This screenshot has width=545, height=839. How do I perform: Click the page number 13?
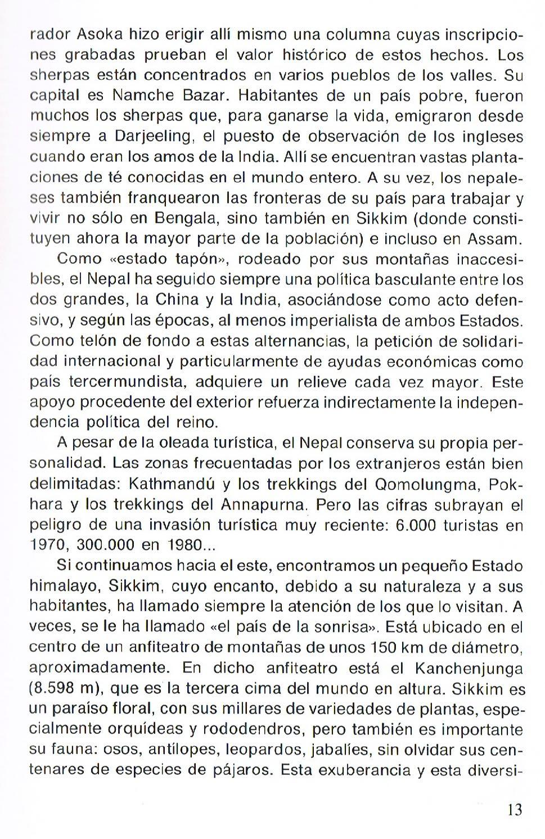[514, 810]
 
